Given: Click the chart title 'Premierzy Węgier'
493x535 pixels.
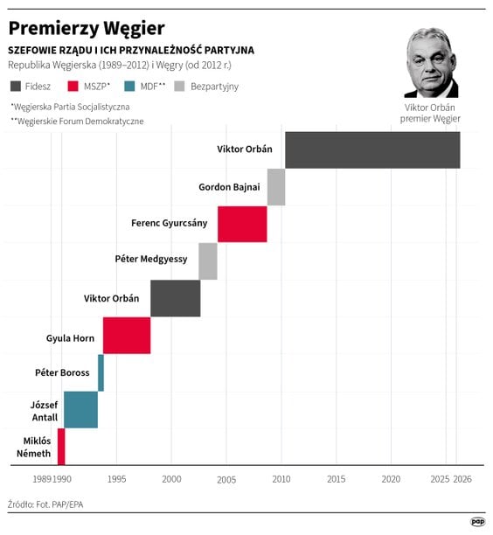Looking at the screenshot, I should pyautogui.click(x=86, y=29).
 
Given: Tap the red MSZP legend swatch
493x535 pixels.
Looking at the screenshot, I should pyautogui.click(x=74, y=86).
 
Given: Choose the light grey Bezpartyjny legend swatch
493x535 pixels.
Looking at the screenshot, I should pyautogui.click(x=180, y=86).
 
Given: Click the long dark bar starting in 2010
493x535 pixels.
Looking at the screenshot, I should pyautogui.click(x=371, y=149).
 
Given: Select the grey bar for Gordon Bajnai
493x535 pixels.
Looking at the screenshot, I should pyautogui.click(x=276, y=187).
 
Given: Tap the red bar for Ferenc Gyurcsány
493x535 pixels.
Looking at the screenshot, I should pyautogui.click(x=242, y=224).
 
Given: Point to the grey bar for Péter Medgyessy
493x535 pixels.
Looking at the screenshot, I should pyautogui.click(x=208, y=261).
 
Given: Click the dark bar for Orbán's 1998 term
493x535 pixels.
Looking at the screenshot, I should pyautogui.click(x=175, y=298).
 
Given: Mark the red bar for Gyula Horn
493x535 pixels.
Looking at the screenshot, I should pyautogui.click(x=127, y=336).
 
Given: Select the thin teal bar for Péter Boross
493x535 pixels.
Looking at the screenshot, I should pyautogui.click(x=101, y=372).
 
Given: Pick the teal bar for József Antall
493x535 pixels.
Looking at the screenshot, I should pyautogui.click(x=80, y=409).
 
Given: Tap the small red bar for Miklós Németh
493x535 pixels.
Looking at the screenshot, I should pyautogui.click(x=61, y=446).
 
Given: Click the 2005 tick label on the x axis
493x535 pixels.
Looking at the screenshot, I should pyautogui.click(x=226, y=479).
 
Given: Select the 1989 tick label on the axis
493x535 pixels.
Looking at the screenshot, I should pyautogui.click(x=42, y=479).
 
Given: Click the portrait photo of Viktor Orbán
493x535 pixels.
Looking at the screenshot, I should pyautogui.click(x=431, y=64).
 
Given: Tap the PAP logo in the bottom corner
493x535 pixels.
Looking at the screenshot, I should pyautogui.click(x=477, y=521).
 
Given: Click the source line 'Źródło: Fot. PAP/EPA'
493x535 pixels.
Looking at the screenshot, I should pyautogui.click(x=46, y=504).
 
